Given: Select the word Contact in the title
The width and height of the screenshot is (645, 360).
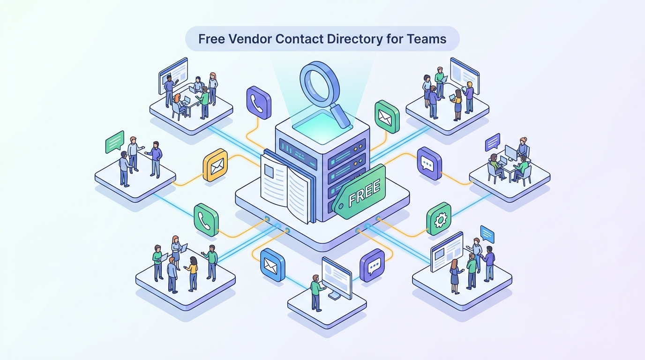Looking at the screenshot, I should [x=300, y=38].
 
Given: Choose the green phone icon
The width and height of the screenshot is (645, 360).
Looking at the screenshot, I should [x=206, y=219].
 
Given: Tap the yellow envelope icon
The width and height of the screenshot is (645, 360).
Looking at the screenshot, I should [x=215, y=165].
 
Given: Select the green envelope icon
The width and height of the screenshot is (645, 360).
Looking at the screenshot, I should [x=387, y=116].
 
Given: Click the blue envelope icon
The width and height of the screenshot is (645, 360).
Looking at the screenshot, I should [x=273, y=265].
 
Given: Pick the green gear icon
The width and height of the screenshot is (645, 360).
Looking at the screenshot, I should [x=439, y=218].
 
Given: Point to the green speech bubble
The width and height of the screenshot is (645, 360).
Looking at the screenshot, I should [x=114, y=142].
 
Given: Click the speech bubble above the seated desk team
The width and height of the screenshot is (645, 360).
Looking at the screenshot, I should [x=492, y=142].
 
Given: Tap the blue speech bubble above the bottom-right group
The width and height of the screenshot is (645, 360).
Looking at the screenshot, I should [x=487, y=234].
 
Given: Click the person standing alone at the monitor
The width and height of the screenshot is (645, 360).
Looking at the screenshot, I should [x=316, y=292].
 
